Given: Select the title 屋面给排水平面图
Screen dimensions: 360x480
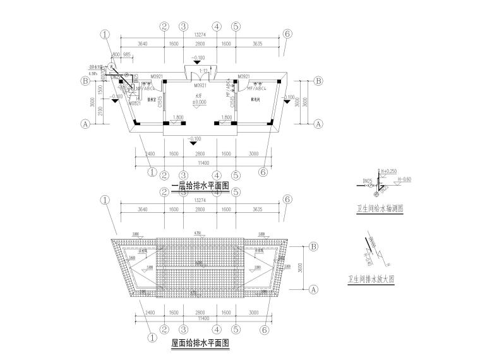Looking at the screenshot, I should [200, 344].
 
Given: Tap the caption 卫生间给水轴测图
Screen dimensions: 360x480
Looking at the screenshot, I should [380, 207].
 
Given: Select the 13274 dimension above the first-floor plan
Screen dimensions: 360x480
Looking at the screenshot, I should [200, 35].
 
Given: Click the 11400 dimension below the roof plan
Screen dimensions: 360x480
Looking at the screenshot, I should [200, 320].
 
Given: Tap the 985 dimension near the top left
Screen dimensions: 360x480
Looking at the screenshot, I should [127, 54].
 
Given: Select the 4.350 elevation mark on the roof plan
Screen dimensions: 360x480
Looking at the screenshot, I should [198, 234].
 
